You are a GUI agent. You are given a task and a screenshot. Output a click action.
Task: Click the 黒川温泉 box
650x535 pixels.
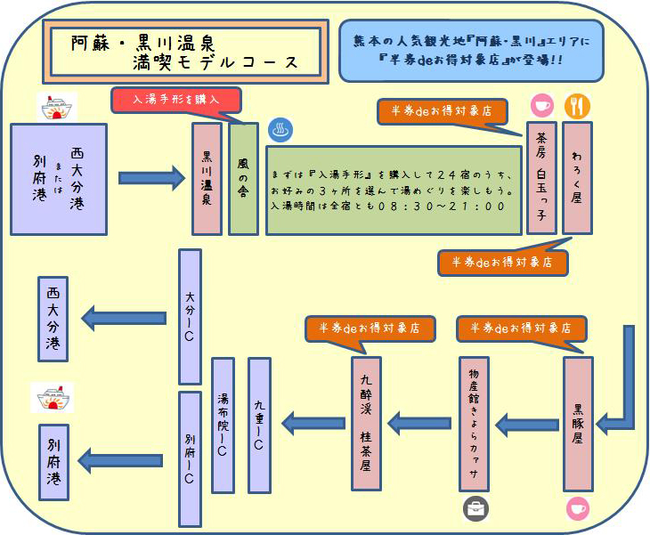point(207,178)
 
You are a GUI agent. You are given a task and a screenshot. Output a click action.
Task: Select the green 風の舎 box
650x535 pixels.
point(243,178)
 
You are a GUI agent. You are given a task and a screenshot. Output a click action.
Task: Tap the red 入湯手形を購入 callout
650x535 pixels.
point(176,100)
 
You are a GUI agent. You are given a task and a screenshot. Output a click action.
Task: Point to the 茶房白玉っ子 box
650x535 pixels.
point(541,178)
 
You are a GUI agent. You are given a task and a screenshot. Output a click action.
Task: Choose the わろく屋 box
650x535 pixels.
point(577,178)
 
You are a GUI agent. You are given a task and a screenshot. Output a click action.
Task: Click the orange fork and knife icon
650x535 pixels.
point(577,107)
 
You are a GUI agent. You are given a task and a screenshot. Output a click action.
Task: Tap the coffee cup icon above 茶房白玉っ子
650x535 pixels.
point(541,106)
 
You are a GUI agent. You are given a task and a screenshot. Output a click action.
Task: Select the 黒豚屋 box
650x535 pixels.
point(578,424)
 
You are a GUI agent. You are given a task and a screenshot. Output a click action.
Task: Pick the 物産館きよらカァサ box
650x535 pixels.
point(474,424)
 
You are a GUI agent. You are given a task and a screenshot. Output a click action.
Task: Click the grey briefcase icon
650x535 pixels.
point(475,508)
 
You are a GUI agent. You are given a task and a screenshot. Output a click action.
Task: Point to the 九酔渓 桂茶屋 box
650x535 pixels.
point(366,424)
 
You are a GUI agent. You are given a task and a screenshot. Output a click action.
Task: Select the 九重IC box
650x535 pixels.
point(259,425)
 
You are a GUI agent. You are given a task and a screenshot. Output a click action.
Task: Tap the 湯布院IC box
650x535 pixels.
point(223,425)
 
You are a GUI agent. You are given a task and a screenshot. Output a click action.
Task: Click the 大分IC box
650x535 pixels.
point(190,316)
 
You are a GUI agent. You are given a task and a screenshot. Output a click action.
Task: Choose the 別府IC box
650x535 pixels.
point(190,458)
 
